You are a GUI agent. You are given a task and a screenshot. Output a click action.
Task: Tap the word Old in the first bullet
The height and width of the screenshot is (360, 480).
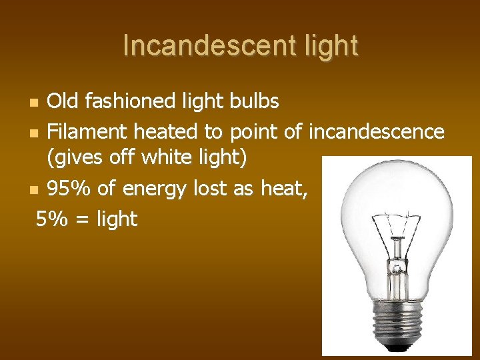point(63,101)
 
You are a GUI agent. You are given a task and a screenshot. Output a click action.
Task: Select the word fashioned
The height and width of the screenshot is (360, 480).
point(127,101)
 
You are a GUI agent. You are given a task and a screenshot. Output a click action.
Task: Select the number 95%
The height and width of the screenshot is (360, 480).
point(69,189)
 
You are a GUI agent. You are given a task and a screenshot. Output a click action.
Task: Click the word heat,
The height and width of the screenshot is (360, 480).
point(283,189)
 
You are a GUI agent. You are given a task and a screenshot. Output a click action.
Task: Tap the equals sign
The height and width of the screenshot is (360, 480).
point(81,219)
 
